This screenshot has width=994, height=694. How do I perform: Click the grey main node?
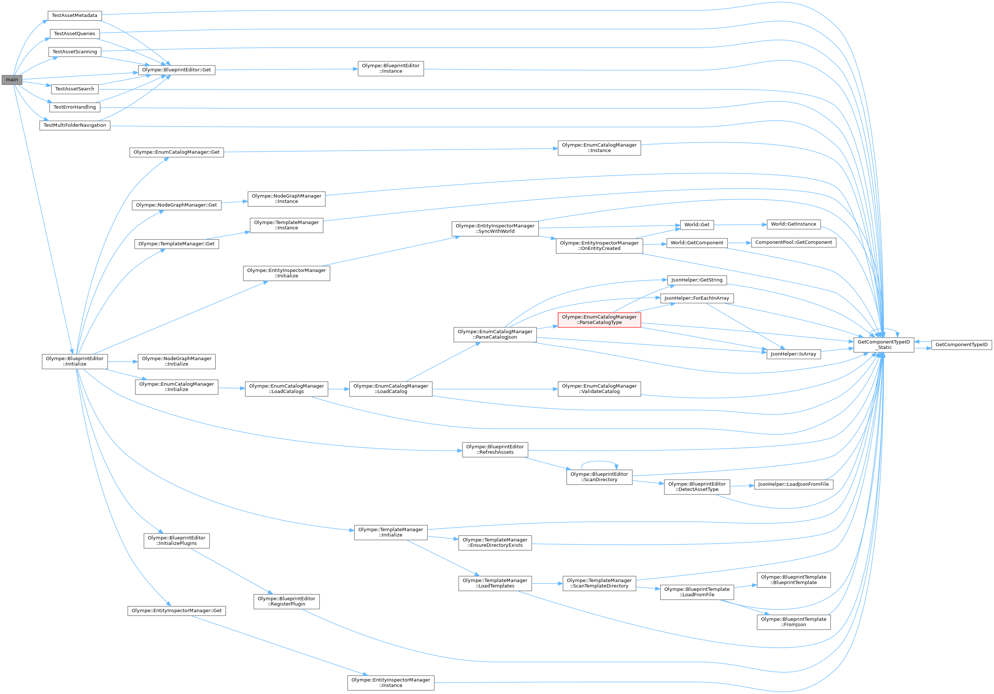click(12, 80)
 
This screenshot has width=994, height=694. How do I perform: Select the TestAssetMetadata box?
click(75, 15)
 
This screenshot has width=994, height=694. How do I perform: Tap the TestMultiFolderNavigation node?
click(75, 125)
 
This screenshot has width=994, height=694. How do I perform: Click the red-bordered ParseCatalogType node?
click(599, 320)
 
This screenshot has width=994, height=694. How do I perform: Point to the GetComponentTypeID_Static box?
click(883, 345)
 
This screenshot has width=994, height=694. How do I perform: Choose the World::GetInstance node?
click(793, 224)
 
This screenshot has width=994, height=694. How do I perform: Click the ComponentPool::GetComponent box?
click(793, 242)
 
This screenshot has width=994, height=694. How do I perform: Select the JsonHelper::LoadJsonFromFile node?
click(793, 484)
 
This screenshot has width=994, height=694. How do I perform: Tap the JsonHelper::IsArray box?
click(793, 354)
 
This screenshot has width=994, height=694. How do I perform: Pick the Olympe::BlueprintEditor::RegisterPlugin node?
click(286, 601)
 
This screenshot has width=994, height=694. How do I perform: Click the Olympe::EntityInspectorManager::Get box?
click(176, 611)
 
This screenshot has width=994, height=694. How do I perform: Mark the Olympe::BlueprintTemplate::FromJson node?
click(793, 622)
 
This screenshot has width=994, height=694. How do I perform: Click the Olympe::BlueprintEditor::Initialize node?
click(75, 361)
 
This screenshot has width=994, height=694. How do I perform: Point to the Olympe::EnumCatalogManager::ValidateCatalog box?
click(599, 389)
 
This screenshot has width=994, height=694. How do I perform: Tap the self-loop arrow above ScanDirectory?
click(599, 461)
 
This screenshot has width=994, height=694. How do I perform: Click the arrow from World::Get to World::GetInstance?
click(738, 225)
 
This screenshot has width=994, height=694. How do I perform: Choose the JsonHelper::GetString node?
click(697, 280)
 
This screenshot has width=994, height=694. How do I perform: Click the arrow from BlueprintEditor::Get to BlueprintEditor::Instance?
click(286, 69)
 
